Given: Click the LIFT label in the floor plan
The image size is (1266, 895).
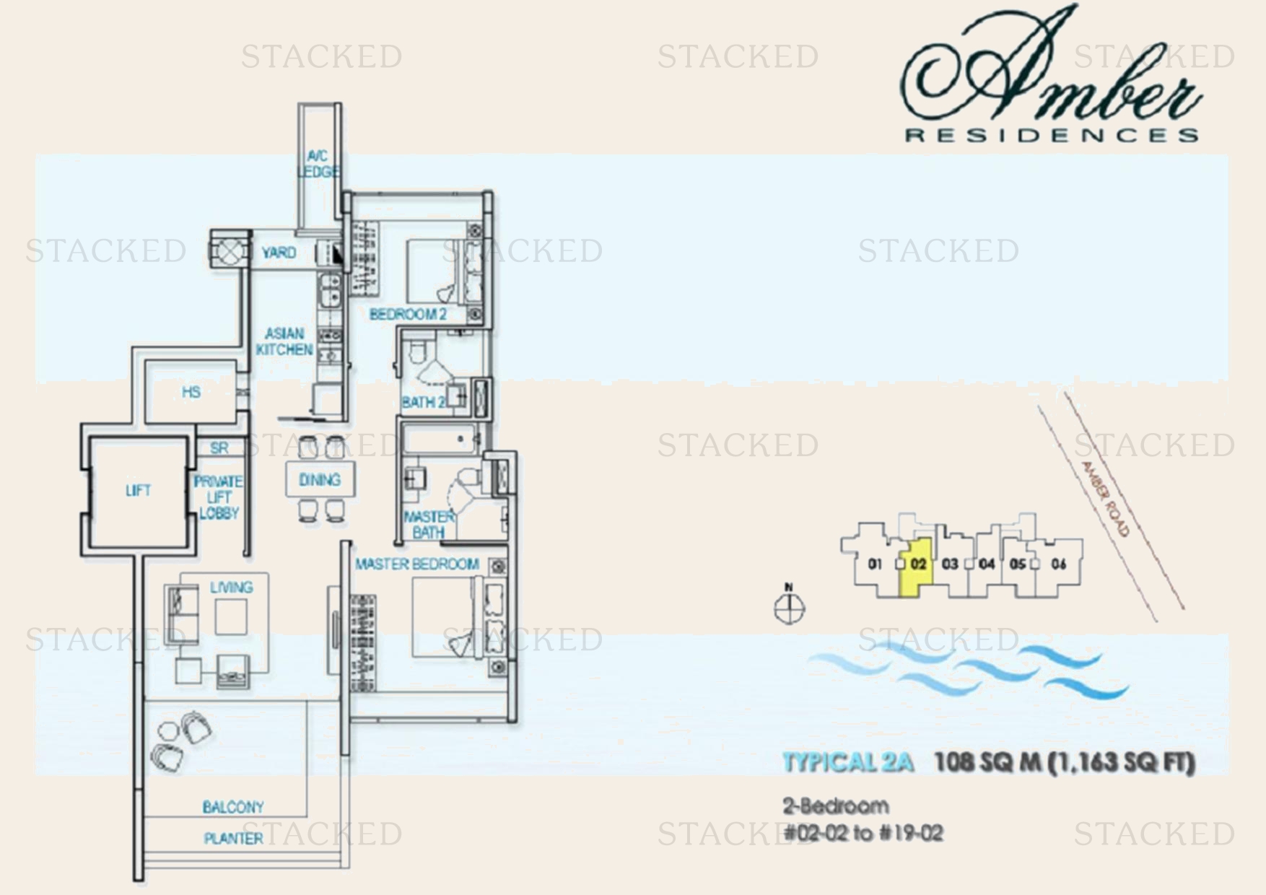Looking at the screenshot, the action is pyautogui.click(x=138, y=491).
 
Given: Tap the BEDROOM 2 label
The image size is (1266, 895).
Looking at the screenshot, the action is pyautogui.click(x=408, y=314).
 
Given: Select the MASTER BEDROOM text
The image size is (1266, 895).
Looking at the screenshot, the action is pyautogui.click(x=417, y=564).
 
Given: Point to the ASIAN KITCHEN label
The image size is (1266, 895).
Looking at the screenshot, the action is pyautogui.click(x=284, y=341).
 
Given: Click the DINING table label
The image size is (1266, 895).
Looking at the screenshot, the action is pyautogui.click(x=320, y=480).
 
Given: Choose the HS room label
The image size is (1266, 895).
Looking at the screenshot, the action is pyautogui.click(x=191, y=392).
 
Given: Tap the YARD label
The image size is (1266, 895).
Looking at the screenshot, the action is pyautogui.click(x=279, y=253).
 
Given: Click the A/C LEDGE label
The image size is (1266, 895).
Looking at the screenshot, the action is pyautogui.click(x=318, y=164).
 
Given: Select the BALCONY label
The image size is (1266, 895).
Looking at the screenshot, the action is pyautogui.click(x=233, y=807).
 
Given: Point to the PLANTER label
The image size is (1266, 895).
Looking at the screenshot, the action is pyautogui.click(x=233, y=838).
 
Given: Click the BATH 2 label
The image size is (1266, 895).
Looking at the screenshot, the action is pyautogui.click(x=423, y=402).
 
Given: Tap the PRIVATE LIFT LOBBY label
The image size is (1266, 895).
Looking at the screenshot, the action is pyautogui.click(x=219, y=497).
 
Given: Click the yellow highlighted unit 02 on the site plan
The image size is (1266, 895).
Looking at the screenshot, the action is pyautogui.click(x=917, y=567).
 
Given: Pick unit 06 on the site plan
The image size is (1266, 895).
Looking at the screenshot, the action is pyautogui.click(x=1059, y=564).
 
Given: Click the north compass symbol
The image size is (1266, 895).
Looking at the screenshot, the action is pyautogui.click(x=789, y=608).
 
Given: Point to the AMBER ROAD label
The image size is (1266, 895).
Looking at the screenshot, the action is pyautogui.click(x=1105, y=499).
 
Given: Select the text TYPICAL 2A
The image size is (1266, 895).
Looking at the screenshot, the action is pyautogui.click(x=848, y=762).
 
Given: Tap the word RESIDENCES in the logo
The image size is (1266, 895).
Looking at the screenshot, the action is pyautogui.click(x=1052, y=135).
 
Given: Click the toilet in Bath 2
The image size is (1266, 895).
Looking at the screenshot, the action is pyautogui.click(x=419, y=352).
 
